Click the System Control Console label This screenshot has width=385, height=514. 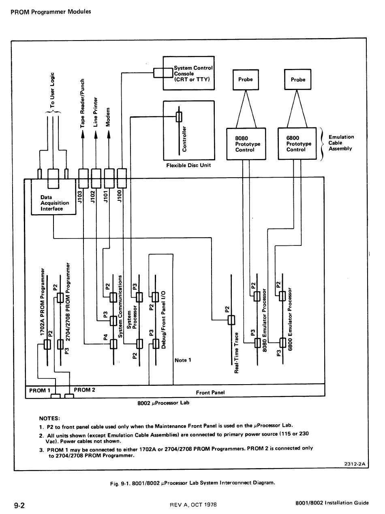[x=193, y=73]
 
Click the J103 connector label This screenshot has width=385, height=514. [x=80, y=197]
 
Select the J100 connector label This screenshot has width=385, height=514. [x=119, y=196]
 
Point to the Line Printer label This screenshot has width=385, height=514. [x=95, y=112]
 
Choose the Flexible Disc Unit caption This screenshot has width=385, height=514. [x=188, y=166]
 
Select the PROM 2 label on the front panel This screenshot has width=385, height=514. [x=84, y=389]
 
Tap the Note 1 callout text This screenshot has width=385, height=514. [x=183, y=360]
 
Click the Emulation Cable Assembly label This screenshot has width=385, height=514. [x=341, y=143]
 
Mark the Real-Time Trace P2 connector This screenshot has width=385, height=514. [x=231, y=320]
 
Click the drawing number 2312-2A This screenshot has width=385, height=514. [x=355, y=464]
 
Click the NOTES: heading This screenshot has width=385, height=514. [x=49, y=418]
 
